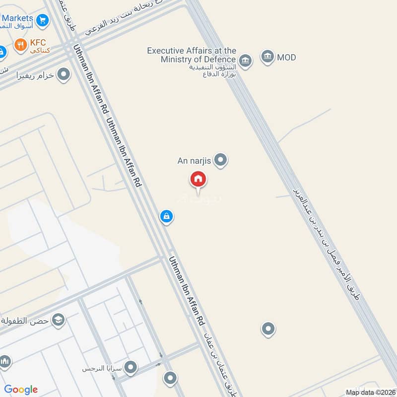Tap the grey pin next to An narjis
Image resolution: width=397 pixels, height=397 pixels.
pyautogui.click(x=221, y=160)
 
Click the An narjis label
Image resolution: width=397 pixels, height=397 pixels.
pyautogui.click(x=195, y=161)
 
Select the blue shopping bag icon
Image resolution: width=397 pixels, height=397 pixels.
pyautogui.click(x=166, y=216)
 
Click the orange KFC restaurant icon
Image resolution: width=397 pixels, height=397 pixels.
pyautogui.click(x=20, y=46)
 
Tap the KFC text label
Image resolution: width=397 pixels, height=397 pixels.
pyautogui.click(x=38, y=43)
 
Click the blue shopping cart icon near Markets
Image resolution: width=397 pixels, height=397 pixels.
pyautogui.click(x=43, y=20)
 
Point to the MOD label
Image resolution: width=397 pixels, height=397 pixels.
pyautogui.click(x=286, y=57)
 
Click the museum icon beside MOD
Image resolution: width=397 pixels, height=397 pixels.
pyautogui.click(x=267, y=57)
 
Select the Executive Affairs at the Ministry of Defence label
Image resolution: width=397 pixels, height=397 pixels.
pyautogui.click(x=192, y=55)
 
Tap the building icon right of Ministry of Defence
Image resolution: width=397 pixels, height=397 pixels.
pyautogui.click(x=245, y=61)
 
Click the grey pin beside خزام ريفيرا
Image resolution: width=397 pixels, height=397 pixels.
pyautogui.click(x=64, y=75)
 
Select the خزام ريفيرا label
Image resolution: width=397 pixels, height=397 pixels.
pyautogui.click(x=35, y=76)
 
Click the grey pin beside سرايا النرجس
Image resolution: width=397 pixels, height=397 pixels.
pyautogui.click(x=131, y=368)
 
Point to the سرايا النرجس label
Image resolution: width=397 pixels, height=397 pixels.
pyautogui.click(x=102, y=369)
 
